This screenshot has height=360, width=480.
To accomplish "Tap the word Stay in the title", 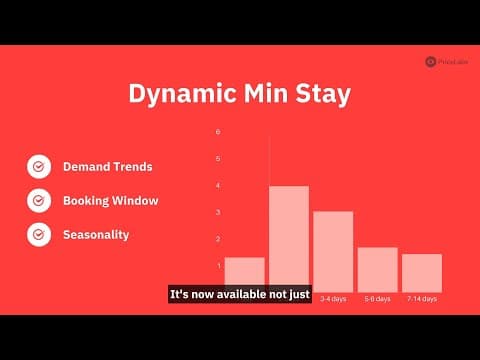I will [321, 96].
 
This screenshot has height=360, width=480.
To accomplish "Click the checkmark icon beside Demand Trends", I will [39, 166].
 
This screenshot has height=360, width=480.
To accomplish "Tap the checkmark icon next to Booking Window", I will [39, 201].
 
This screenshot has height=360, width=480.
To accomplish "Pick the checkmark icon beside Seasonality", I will [39, 235].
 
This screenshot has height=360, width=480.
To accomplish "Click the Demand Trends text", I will [107, 166].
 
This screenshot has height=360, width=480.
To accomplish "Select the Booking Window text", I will [110, 201].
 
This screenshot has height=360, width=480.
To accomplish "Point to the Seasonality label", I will [97, 235].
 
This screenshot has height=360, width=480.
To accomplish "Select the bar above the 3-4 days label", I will [333, 249].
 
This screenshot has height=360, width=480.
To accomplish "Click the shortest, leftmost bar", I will [244, 273].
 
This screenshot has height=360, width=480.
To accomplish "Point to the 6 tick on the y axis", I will [218, 132].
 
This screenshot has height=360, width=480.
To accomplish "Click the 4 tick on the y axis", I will [218, 185].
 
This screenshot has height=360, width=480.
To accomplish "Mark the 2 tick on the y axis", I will [218, 239].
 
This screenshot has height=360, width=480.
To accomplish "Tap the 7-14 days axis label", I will [421, 299].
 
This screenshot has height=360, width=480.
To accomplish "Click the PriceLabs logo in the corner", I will [444, 61].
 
